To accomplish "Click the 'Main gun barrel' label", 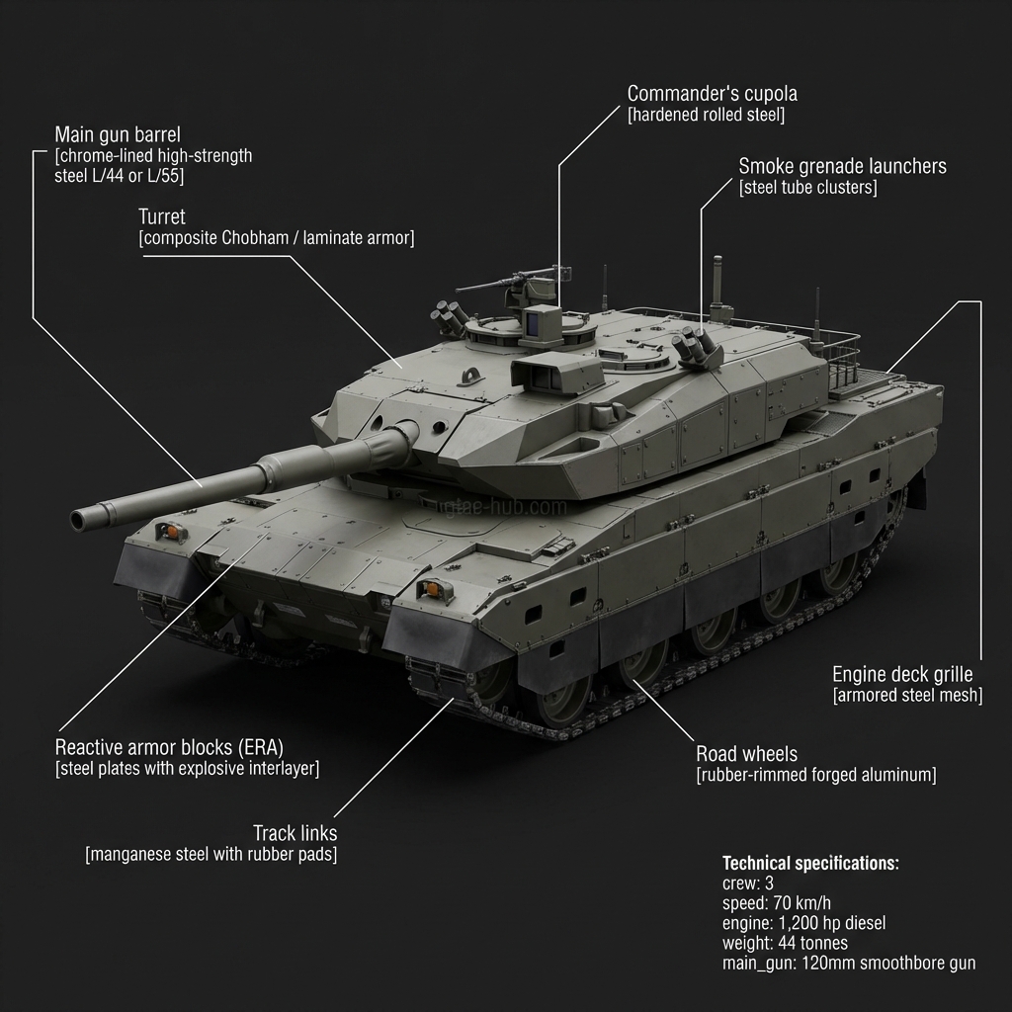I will pos(118,134).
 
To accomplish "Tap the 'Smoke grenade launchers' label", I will pos(842,166).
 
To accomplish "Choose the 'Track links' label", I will pos(295,833).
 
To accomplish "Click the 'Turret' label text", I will pos(162,216).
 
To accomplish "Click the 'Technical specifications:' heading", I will pos(810,863).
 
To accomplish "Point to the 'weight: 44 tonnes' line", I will pos(785,943).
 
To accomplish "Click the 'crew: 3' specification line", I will pos(748,884).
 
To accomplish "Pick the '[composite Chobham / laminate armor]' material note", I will pos(276,238).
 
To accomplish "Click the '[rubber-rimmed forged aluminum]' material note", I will pos(815,775).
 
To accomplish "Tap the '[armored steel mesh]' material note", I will pos(907,696).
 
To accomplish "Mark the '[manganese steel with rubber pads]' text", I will pos(211,855).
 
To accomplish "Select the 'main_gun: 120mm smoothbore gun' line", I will pos(849,963).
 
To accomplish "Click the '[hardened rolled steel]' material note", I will pos(706,116).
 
